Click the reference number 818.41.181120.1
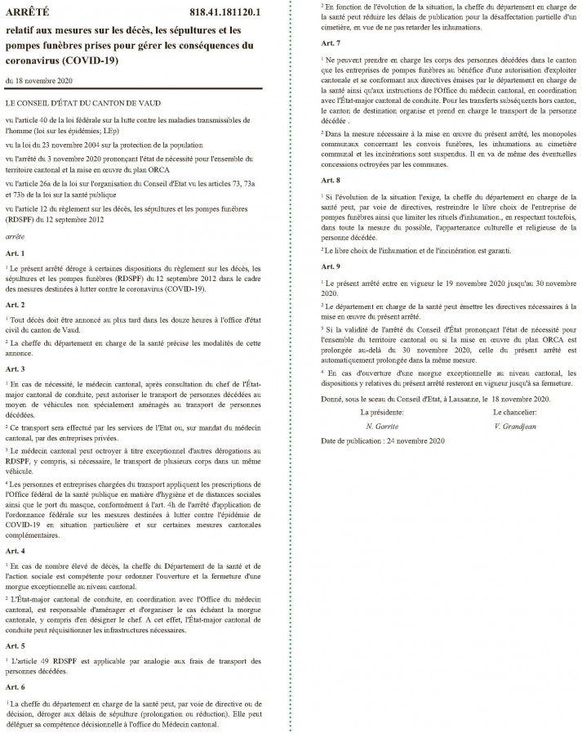tap(222, 12)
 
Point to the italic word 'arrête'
tap(16, 210)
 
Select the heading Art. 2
tap(16, 303)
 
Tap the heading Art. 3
tap(16, 369)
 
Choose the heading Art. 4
tap(16, 552)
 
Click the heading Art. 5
tap(16, 645)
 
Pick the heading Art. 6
tap(16, 687)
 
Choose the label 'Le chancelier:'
tap(515, 413)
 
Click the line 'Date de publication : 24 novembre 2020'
tap(382, 440)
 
